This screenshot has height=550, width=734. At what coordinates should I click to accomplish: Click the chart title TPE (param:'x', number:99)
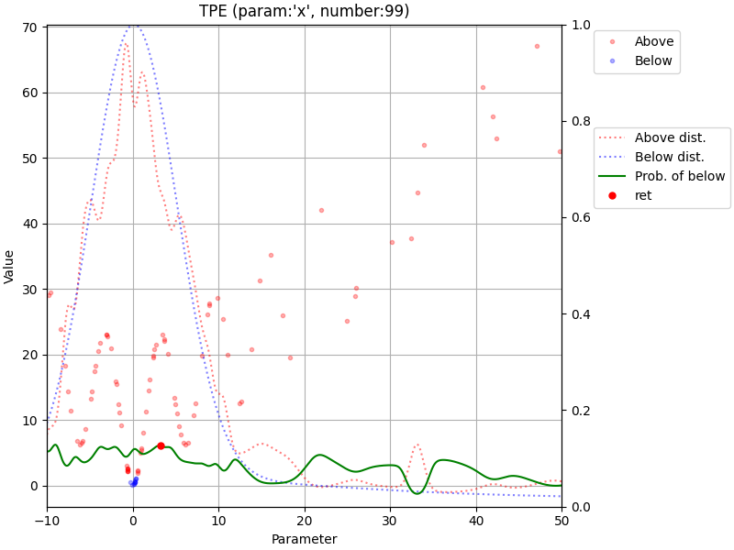click(304, 12)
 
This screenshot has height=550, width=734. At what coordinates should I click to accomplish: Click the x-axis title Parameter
click(304, 539)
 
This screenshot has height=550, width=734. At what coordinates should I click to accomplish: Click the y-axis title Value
click(10, 266)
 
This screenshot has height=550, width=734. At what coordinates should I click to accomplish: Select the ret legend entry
click(642, 195)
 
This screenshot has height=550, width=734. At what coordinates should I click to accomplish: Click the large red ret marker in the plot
click(161, 445)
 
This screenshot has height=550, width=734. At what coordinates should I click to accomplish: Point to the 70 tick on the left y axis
click(29, 27)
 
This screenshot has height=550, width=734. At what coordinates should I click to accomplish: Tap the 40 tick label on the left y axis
click(29, 224)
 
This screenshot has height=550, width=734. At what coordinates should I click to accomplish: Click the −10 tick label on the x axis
click(47, 521)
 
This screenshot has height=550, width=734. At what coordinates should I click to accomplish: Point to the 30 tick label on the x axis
click(390, 521)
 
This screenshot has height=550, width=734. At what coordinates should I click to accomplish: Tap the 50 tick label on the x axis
click(562, 521)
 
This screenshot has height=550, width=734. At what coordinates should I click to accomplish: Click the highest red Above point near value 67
click(537, 46)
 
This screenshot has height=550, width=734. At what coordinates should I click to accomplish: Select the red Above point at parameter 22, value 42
click(321, 210)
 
